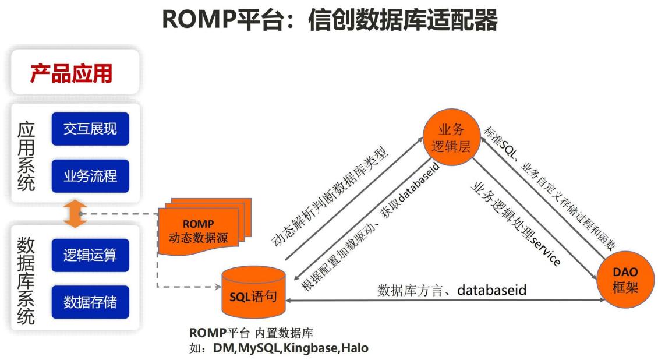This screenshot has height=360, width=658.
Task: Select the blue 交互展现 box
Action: [x=90, y=129]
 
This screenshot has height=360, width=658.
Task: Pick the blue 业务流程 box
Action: [x=90, y=174]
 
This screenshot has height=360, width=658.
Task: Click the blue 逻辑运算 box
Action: [x=90, y=255]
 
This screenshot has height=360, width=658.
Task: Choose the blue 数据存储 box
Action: [x=90, y=302]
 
